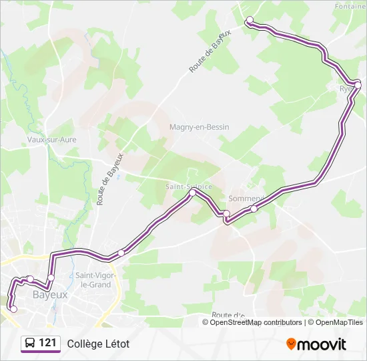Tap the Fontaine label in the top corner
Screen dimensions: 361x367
(352, 6)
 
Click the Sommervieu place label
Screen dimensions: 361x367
(246, 199)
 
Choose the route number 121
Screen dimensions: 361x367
(47, 343)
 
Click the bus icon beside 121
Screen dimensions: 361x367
(30, 344)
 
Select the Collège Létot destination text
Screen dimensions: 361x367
(98, 344)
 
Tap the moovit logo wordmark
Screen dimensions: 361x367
(322, 344)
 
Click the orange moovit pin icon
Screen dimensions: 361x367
(291, 344)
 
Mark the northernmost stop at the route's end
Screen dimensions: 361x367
(250, 20)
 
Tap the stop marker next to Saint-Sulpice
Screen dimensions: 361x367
(193, 193)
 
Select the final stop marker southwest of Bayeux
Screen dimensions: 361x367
(13, 308)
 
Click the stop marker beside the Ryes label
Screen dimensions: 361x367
(358, 85)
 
